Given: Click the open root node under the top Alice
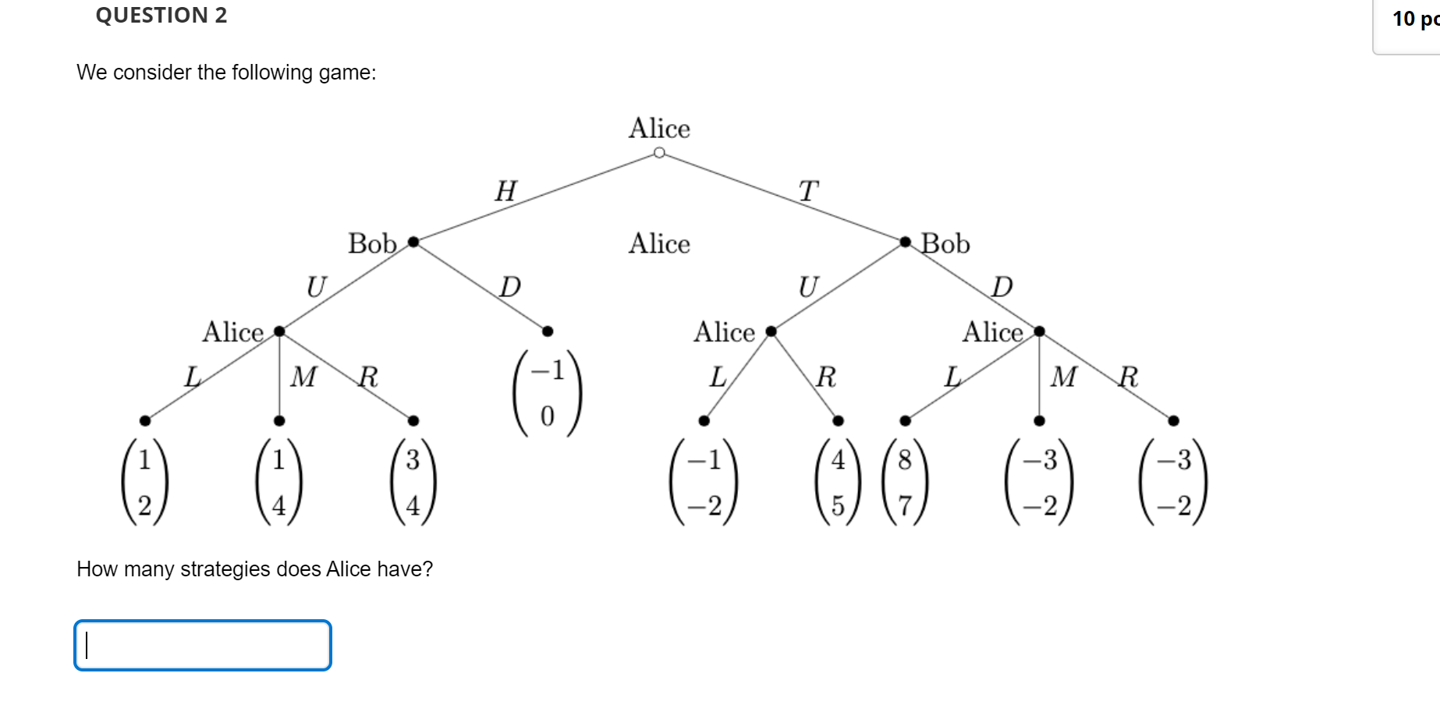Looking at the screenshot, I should (x=659, y=153).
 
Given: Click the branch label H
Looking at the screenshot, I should (x=505, y=191).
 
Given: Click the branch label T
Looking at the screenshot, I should (x=808, y=191).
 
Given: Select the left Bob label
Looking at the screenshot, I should (x=372, y=244).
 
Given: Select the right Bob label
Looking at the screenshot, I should (x=945, y=244).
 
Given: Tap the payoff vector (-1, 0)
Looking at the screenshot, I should (x=548, y=393).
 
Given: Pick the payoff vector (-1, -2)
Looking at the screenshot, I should (x=704, y=482).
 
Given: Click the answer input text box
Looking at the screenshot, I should (x=203, y=645).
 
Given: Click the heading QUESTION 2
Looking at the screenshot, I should (x=161, y=16).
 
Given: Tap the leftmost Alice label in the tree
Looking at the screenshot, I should (x=232, y=332).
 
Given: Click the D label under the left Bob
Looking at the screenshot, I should (x=509, y=287).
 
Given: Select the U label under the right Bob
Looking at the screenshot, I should (x=808, y=287).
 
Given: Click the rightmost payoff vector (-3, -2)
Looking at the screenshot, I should (x=1173, y=482).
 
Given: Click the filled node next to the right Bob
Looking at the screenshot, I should (x=905, y=242).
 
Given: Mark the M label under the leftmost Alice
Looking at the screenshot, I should (x=303, y=377).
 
